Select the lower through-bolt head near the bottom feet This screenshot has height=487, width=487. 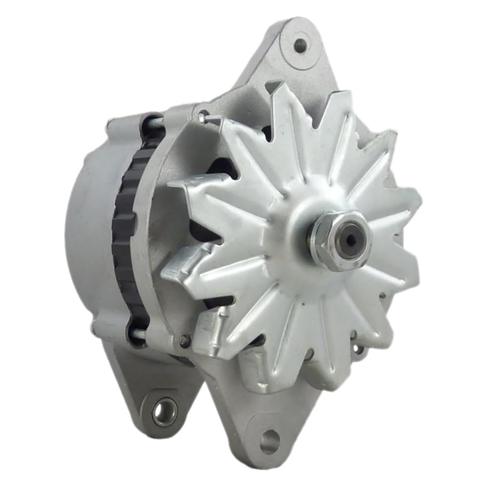pyautogui.click(x=184, y=341)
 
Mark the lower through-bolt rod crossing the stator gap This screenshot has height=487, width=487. pyautogui.click(x=137, y=334)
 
